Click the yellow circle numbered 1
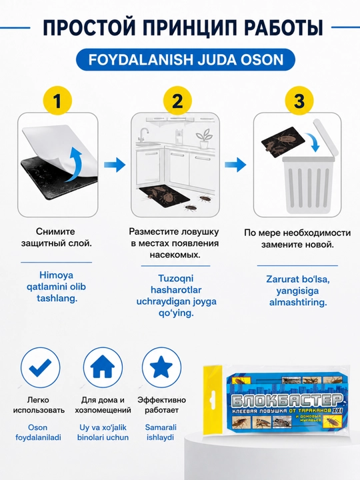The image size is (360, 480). click(x=57, y=101)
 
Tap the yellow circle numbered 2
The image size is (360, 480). click(x=177, y=101)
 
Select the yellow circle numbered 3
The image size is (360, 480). click(x=299, y=101)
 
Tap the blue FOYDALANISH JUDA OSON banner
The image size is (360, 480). click(x=185, y=60)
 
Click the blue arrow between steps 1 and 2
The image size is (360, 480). click(x=115, y=165)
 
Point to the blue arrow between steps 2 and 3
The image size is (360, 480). click(x=235, y=165)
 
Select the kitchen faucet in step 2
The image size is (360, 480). click(x=143, y=135)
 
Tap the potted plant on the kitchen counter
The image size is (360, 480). click(x=204, y=139)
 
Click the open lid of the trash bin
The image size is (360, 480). click(x=325, y=138)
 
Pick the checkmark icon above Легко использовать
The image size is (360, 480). click(x=41, y=367)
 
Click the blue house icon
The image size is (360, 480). click(x=103, y=367)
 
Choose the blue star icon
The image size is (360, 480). click(x=161, y=367)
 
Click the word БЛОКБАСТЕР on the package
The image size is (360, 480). click(x=286, y=399)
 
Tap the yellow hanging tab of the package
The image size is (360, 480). click(x=213, y=399)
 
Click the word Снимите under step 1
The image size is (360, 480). click(x=55, y=231)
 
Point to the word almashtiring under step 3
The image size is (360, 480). click(x=298, y=303)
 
